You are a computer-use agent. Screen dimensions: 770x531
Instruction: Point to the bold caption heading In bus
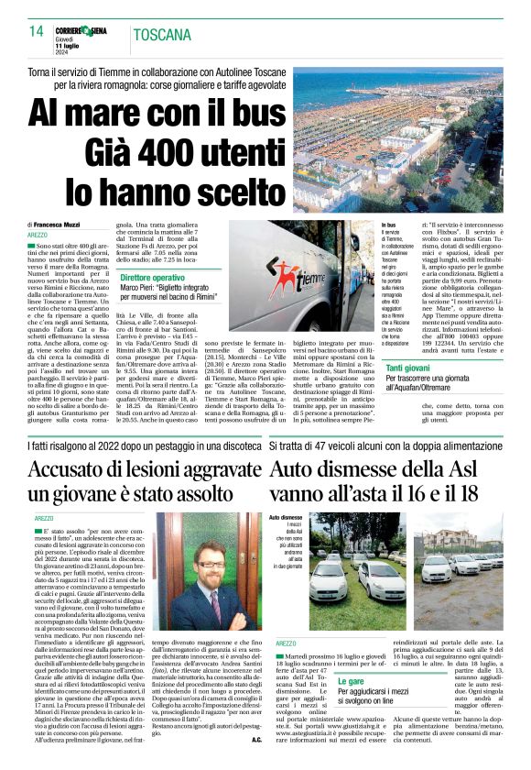pos(388,225)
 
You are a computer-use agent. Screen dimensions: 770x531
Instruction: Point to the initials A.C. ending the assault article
pos(256,764)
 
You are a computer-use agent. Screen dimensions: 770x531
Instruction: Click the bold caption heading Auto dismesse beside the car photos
pos(285,518)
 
